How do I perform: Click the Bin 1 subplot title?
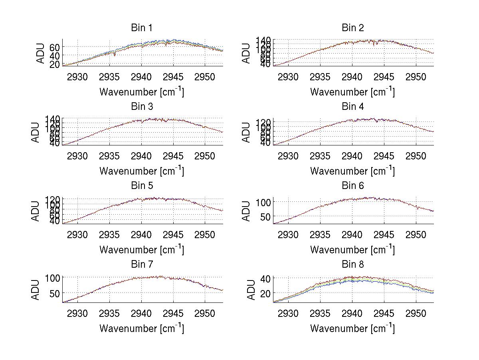pyautogui.click(x=142, y=28)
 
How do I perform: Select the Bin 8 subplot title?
pyautogui.click(x=353, y=265)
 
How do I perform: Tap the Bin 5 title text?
pyautogui.click(x=142, y=186)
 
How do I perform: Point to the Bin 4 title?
pyautogui.click(x=353, y=107)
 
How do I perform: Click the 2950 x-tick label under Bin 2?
pyautogui.click(x=416, y=77)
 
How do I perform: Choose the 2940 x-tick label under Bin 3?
pyautogui.click(x=141, y=155)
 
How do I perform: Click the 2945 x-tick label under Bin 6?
pyautogui.click(x=384, y=235)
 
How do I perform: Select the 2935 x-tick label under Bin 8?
pyautogui.click(x=320, y=313)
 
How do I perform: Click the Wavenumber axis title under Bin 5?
pyautogui.click(x=142, y=250)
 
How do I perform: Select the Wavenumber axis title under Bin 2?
pyautogui.click(x=352, y=92)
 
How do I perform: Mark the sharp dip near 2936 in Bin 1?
pyautogui.click(x=115, y=55)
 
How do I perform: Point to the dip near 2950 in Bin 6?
pyautogui.click(x=418, y=208)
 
